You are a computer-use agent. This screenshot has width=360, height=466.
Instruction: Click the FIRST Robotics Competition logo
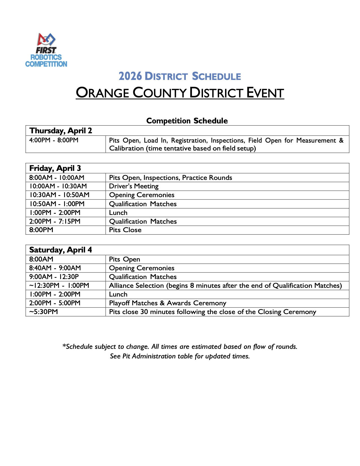[x=46, y=50]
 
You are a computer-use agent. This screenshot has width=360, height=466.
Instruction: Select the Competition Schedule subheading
[x=187, y=121]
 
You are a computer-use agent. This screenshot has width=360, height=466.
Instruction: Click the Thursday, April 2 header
[x=61, y=130]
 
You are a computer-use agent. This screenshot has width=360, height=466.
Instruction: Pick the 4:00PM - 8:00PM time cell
[x=54, y=140]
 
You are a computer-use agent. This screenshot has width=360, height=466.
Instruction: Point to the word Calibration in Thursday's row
[x=126, y=148]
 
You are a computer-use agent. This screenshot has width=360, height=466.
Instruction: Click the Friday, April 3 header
[x=55, y=168]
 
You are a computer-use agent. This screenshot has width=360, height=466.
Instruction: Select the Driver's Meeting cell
[x=134, y=186]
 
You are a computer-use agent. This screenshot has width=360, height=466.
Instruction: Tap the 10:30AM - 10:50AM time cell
[x=59, y=195]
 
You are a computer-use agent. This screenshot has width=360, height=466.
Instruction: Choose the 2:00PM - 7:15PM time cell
[x=55, y=221]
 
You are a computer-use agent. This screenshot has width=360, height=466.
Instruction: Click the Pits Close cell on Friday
[x=125, y=230]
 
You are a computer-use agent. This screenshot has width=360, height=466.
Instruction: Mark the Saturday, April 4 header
[x=60, y=250]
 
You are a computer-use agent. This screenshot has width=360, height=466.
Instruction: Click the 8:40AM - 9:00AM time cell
[x=55, y=268]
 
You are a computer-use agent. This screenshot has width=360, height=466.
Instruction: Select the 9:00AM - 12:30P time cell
[x=54, y=277]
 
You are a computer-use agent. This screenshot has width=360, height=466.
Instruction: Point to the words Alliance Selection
[x=136, y=286]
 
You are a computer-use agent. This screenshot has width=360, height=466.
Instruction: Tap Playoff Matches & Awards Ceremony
[x=167, y=303]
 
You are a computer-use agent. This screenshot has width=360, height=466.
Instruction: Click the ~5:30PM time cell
[x=43, y=312]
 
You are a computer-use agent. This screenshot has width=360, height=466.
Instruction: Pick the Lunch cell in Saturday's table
[x=118, y=294]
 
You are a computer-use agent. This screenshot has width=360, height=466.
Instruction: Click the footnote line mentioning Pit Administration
[x=180, y=356]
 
